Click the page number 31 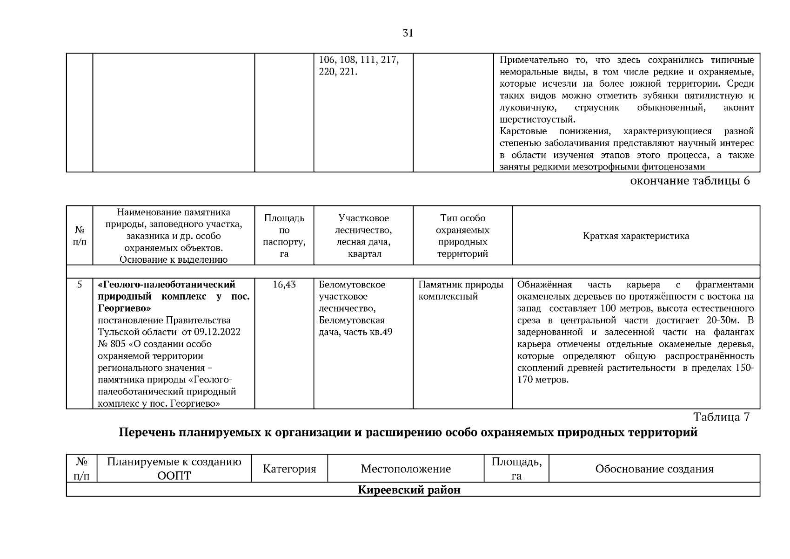point(408,33)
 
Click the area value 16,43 point(284,285)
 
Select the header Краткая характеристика point(636,236)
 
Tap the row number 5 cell point(80,285)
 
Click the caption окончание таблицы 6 point(690,181)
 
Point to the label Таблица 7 point(721,416)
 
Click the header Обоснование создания point(654,469)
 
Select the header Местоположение point(406,469)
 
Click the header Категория point(289,469)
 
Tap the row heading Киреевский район point(409,490)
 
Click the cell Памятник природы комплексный point(461,291)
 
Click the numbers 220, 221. point(338,72)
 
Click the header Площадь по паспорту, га point(284,236)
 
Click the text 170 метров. point(543,380)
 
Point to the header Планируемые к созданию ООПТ point(174,469)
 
